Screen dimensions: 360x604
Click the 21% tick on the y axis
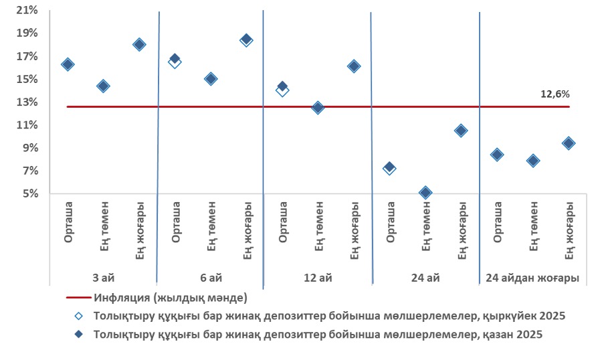(28, 11)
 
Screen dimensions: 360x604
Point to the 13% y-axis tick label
(28, 102)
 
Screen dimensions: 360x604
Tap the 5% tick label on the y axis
(31, 194)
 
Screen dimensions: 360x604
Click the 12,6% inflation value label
(555, 95)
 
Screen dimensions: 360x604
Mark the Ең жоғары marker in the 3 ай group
(139, 45)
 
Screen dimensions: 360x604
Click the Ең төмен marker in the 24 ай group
(425, 193)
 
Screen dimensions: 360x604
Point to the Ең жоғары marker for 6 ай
(246, 40)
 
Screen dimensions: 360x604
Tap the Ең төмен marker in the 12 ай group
(318, 108)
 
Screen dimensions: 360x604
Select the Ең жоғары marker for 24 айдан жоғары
(569, 143)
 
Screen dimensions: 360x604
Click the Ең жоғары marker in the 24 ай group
(461, 131)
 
